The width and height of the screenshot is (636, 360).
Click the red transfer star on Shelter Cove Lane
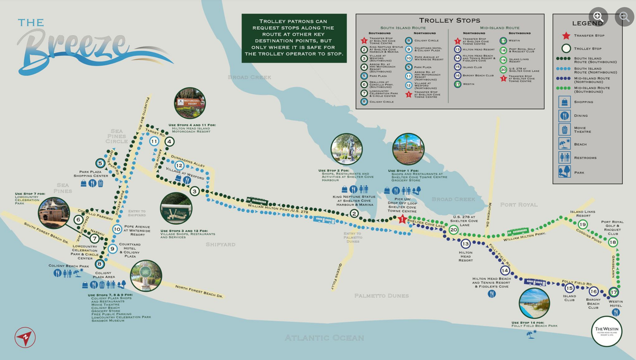point(402,219)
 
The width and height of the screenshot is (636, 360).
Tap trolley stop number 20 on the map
point(454,230)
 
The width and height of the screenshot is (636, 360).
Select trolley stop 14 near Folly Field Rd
point(505,270)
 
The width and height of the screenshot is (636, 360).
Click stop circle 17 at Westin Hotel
point(614,292)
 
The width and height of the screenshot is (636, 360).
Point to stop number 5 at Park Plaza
point(100,163)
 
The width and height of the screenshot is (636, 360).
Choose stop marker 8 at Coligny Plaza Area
point(99,264)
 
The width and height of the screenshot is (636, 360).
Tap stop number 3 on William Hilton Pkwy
point(194,191)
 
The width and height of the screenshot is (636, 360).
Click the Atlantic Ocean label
point(324,338)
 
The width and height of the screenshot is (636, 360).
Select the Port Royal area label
point(518,205)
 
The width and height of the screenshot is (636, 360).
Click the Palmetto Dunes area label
point(381,295)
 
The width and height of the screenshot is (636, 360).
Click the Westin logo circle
point(606,331)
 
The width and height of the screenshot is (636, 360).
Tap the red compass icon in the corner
point(25,337)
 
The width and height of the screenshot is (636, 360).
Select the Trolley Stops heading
point(449,21)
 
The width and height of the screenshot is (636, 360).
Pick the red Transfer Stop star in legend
point(566,36)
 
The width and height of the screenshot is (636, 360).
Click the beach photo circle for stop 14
point(534,303)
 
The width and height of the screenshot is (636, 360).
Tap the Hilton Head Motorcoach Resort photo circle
point(190,103)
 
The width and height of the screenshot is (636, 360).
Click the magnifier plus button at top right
point(599,16)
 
